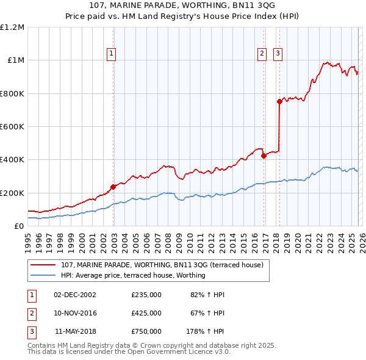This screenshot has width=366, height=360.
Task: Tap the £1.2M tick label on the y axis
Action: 12,27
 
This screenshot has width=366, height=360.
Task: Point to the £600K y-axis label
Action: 12,127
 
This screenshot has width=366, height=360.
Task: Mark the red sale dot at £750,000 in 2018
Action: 279,102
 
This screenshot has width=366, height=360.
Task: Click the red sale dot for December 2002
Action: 113,187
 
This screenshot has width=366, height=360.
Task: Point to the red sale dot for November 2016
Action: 264,156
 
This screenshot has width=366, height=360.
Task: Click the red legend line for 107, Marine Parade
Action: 43,265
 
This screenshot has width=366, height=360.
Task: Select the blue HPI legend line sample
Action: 43,275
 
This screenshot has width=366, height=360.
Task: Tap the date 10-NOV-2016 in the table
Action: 75,313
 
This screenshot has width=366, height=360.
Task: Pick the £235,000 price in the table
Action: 146,295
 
